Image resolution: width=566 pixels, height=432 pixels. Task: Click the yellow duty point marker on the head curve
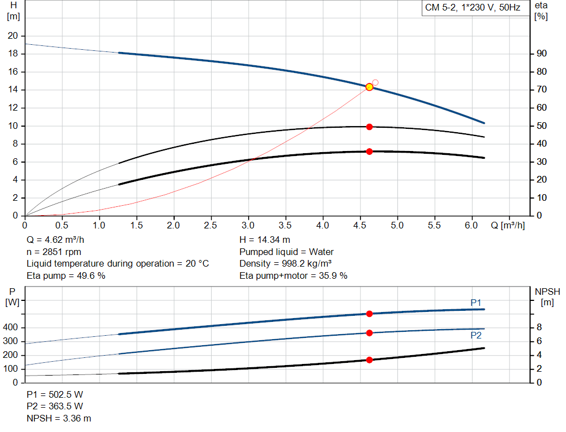[x=369, y=87]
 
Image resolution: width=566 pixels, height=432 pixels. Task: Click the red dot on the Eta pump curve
[x=369, y=127]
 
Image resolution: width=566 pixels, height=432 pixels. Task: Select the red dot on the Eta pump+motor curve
[x=369, y=152]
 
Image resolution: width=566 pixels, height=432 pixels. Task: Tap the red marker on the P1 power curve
[x=369, y=314]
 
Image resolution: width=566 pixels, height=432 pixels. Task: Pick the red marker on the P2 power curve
[x=369, y=333]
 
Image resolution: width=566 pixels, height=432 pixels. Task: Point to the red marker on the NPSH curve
[x=369, y=360]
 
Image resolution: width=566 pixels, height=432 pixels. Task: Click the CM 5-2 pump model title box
[x=473, y=8]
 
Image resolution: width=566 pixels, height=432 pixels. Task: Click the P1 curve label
[x=476, y=303]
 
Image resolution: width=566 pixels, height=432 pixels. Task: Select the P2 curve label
[x=476, y=336]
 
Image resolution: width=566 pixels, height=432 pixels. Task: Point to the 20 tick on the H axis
[x=12, y=36]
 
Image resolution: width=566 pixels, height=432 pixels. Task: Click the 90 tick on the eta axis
[x=541, y=54]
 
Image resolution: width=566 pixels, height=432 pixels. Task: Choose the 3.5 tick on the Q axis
[x=285, y=226]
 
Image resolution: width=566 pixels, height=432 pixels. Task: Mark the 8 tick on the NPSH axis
[x=539, y=327]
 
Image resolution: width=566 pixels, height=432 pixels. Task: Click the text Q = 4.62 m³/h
[x=56, y=240]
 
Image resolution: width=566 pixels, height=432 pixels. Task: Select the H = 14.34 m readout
[x=265, y=240]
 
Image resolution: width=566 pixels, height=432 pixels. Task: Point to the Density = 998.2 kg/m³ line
[x=286, y=263]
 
